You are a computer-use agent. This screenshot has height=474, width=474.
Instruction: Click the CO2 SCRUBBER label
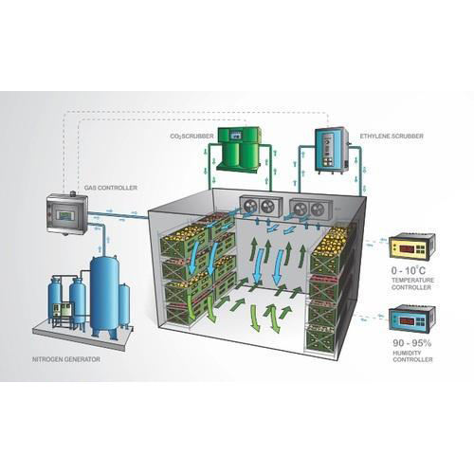coord(191,137)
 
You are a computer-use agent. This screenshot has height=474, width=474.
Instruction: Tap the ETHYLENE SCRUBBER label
coord(392,137)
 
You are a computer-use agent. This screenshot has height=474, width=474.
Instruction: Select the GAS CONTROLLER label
coord(111,188)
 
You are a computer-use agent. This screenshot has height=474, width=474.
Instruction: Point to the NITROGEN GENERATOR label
coord(66,359)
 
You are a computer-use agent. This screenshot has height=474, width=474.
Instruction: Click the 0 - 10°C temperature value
coord(409,270)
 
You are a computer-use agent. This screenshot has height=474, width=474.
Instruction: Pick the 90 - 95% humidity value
coord(412,343)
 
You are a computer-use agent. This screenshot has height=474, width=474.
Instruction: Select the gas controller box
coord(67,214)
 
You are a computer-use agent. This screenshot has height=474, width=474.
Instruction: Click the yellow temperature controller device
coord(412,246)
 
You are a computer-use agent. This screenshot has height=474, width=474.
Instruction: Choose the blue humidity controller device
coord(412,319)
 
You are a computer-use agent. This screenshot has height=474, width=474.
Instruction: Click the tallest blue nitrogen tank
coord(104,297)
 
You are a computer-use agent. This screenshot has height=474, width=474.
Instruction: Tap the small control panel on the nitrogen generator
coord(63,310)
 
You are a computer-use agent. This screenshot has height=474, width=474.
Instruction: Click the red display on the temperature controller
coord(408,248)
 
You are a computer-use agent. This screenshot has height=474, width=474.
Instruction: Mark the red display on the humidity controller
coord(408,321)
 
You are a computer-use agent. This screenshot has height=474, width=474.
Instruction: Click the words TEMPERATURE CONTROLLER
coord(412,283)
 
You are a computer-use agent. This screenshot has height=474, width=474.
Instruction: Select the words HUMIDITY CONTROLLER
coord(412,356)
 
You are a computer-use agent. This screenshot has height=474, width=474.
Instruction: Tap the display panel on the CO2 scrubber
coord(236,136)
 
